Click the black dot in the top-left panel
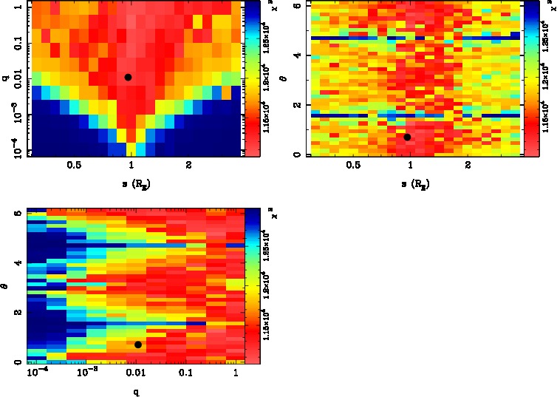129,77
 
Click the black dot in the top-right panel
407,137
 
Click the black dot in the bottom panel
138,345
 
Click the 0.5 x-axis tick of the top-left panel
74,166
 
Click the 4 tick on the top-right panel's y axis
295,55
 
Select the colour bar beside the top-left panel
253,78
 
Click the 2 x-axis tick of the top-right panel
468,166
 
